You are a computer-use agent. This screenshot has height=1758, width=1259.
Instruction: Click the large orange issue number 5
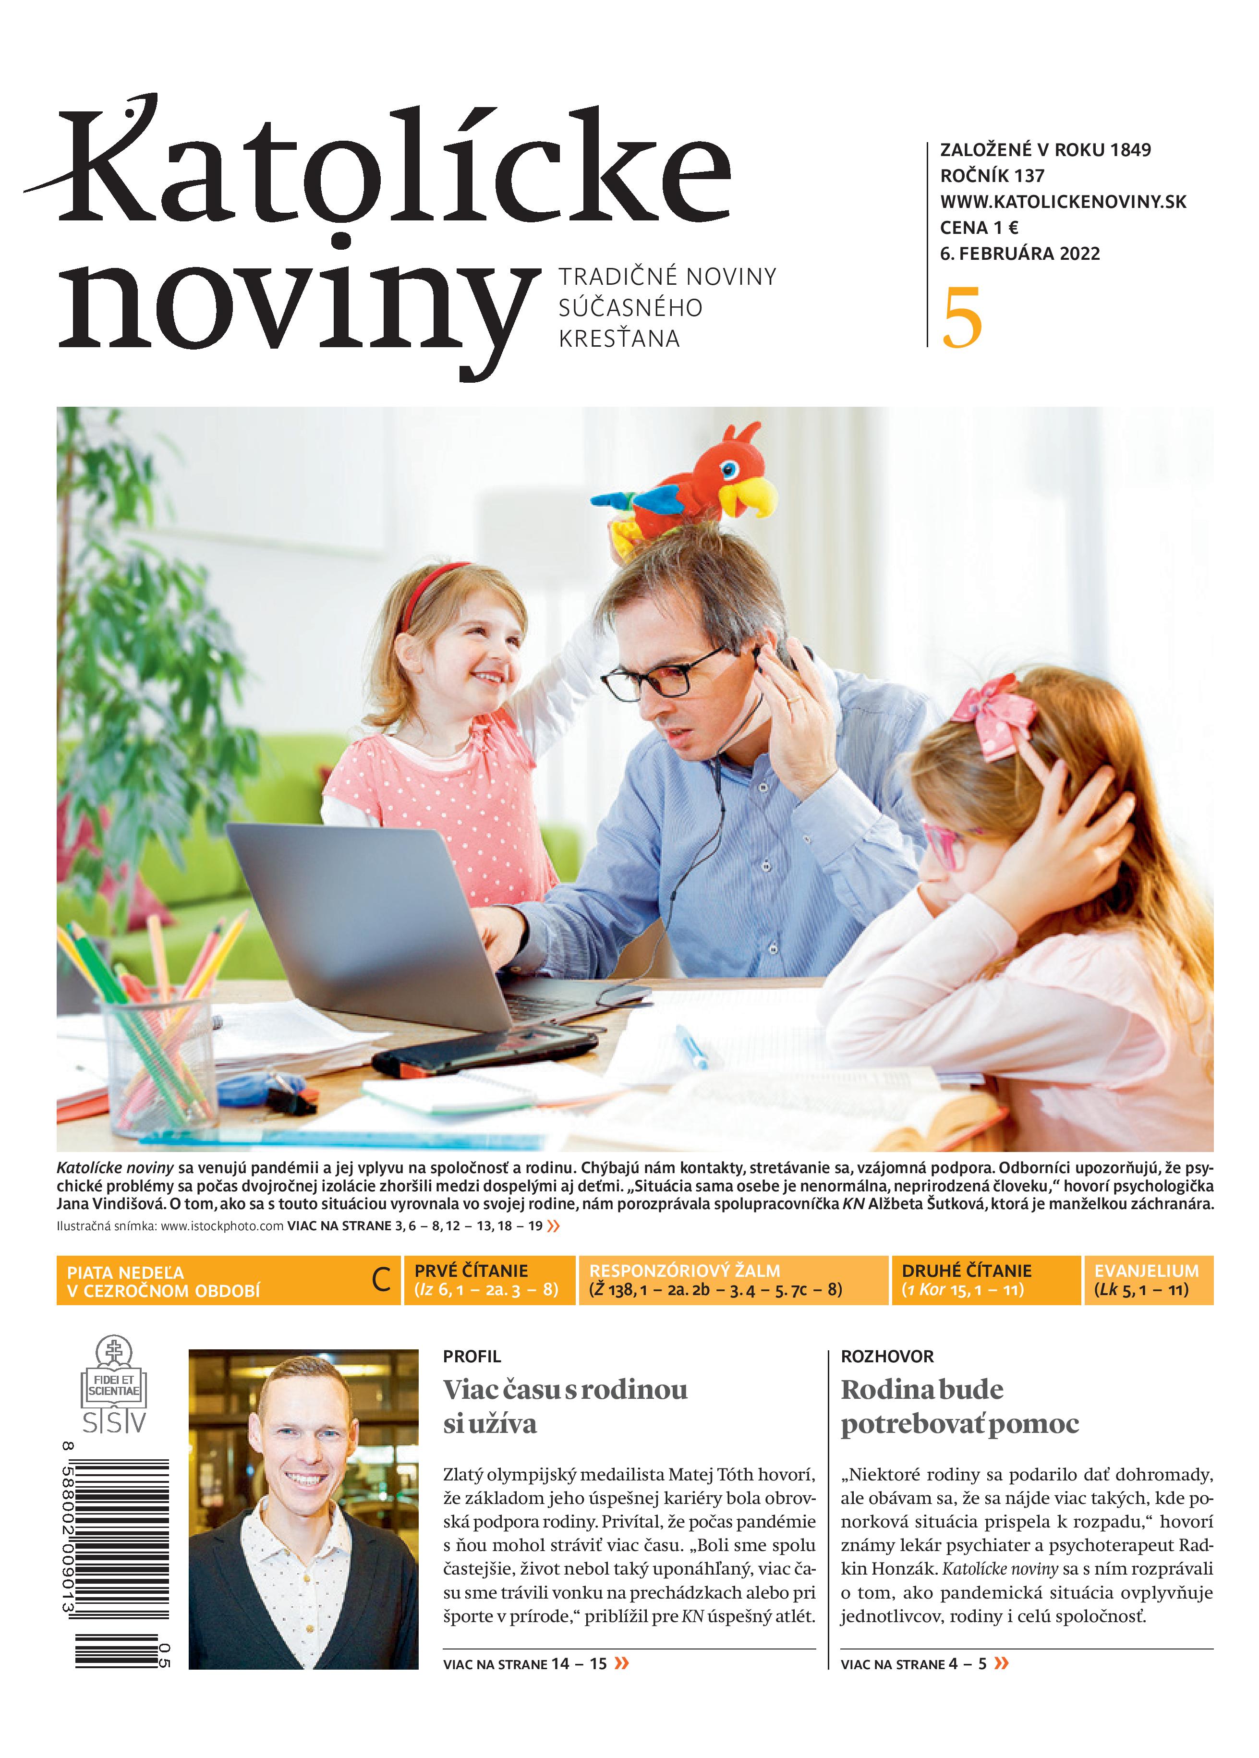(x=962, y=318)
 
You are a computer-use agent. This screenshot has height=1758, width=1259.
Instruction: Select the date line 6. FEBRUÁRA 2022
(x=1019, y=254)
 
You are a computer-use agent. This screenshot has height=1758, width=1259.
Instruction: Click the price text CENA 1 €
(x=979, y=228)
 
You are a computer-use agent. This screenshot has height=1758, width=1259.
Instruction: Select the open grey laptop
(x=372, y=922)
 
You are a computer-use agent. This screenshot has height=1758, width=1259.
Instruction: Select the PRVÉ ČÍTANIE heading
(x=471, y=1271)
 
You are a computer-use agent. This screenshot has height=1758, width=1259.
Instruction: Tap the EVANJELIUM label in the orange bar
(x=1146, y=1271)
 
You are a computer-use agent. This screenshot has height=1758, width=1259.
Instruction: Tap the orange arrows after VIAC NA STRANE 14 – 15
(x=621, y=1663)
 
